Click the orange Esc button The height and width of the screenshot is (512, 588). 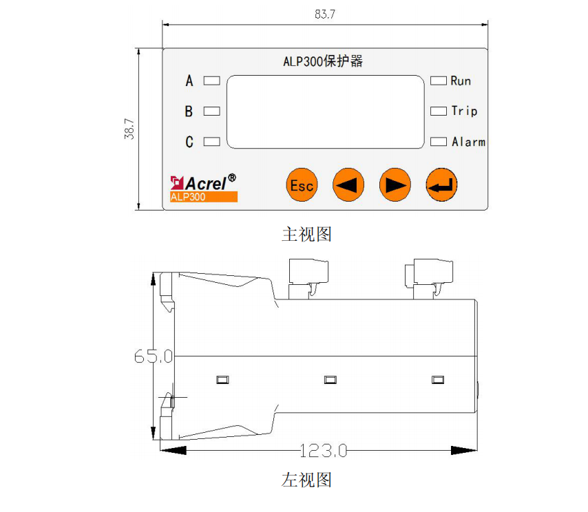point(302,185)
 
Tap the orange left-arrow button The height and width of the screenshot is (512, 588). point(348,185)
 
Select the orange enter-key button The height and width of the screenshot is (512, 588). point(442,185)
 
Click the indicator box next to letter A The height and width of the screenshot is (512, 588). point(212,81)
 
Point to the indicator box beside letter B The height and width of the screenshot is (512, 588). point(212,111)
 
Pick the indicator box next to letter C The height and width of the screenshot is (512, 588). point(212,141)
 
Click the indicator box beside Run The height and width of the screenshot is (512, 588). point(439,81)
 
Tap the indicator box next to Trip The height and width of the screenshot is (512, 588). point(439,111)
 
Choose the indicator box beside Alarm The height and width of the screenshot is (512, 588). point(439,141)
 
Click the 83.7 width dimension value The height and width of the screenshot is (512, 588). point(325,14)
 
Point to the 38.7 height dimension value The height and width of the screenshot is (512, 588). point(129,129)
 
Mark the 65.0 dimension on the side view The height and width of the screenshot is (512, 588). point(154,356)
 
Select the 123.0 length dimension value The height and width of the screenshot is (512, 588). point(324,451)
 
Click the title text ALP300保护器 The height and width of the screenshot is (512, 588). point(323,61)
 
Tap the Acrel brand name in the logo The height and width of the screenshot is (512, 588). point(206,183)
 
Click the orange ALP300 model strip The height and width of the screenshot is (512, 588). point(204,197)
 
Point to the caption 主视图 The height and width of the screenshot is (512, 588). point(307,234)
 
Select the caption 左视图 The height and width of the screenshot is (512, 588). point(307,480)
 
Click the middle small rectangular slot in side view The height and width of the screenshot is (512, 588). point(330,380)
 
